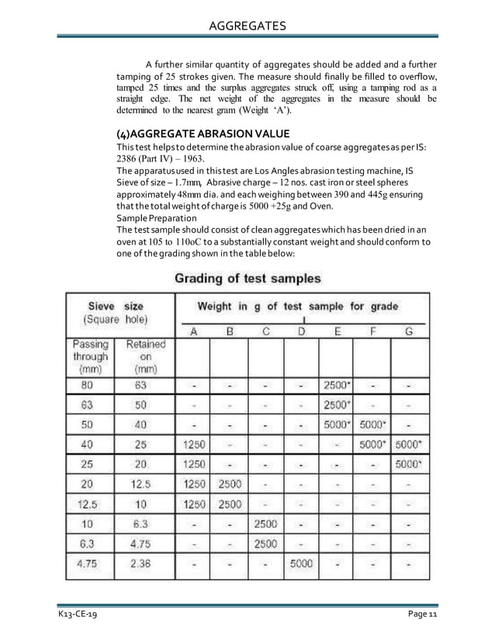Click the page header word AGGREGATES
(248, 27)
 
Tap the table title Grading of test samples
(247, 277)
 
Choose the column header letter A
(194, 331)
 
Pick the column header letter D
(300, 331)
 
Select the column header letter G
(409, 331)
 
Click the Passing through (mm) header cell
(90, 357)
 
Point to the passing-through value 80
(90, 385)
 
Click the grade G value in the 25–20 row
(409, 464)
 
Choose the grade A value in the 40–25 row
(194, 445)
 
